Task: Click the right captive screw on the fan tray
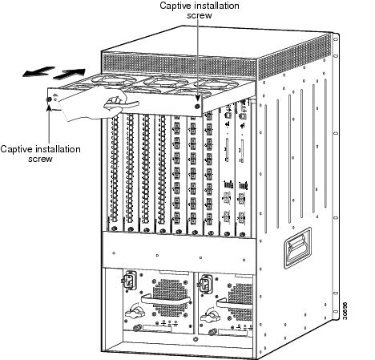(197, 103)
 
